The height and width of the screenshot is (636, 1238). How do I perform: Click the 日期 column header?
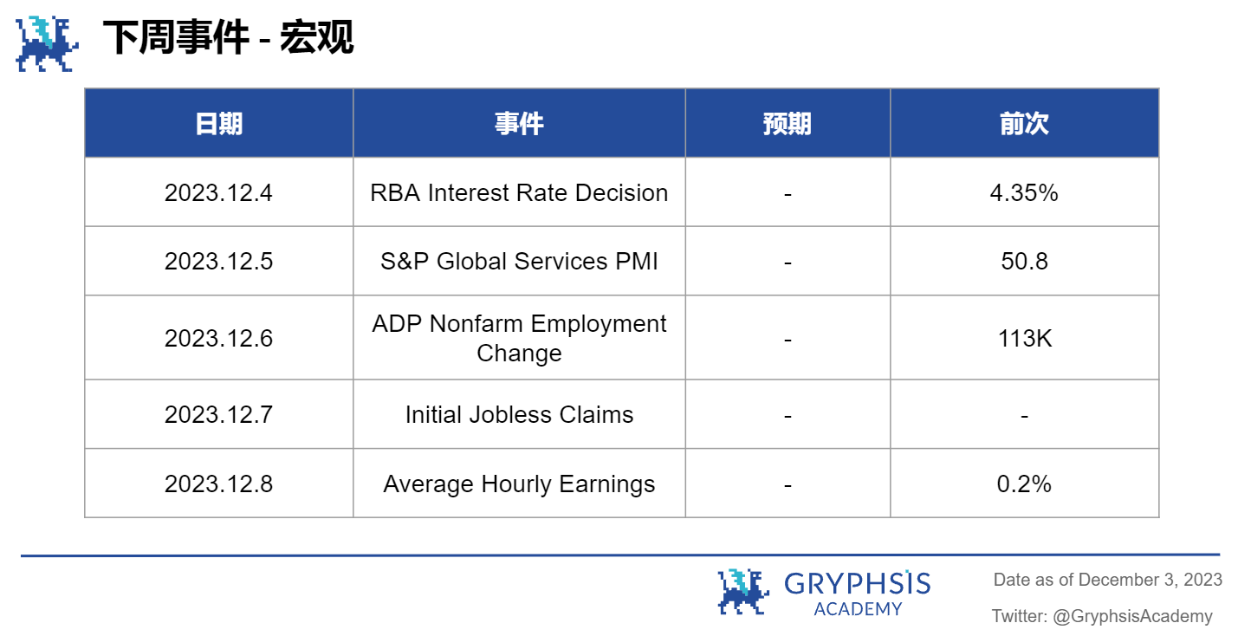tap(218, 124)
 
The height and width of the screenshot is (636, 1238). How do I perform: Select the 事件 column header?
tap(519, 124)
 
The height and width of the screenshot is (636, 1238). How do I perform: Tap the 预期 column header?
tap(787, 124)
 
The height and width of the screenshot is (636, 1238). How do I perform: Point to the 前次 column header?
tap(1024, 124)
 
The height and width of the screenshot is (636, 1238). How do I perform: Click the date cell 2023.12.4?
tap(218, 192)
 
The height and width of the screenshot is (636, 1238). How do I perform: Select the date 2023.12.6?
tap(218, 338)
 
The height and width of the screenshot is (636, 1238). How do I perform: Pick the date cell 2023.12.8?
tap(218, 483)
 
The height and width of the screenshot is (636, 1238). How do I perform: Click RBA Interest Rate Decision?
tap(519, 192)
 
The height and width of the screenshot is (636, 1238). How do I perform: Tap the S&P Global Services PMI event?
tap(519, 261)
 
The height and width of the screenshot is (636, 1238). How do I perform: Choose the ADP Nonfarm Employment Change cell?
tap(519, 338)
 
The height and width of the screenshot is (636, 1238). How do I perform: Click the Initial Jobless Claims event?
tap(519, 414)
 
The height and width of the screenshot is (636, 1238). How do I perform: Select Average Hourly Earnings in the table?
tap(519, 483)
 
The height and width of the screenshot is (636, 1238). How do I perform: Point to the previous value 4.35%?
tap(1024, 192)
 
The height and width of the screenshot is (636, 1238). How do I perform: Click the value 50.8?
tap(1024, 261)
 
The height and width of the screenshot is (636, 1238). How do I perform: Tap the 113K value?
tap(1024, 338)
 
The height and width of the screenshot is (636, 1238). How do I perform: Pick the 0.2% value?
tap(1024, 483)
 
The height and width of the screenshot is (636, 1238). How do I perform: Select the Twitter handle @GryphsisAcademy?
tap(1132, 616)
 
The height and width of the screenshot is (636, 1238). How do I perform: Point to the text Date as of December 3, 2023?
tap(1107, 580)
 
